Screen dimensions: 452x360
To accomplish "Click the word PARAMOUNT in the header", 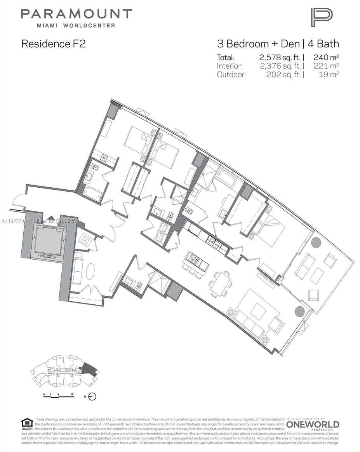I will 77,15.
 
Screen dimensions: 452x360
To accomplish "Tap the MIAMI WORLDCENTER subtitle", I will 76,26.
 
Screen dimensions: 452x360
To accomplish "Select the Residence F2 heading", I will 53,44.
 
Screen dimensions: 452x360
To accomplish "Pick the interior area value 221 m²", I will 326,66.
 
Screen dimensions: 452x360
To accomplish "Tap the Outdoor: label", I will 231,75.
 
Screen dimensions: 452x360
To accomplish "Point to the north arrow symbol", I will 92,396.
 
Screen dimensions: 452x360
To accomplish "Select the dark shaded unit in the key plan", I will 90,370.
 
